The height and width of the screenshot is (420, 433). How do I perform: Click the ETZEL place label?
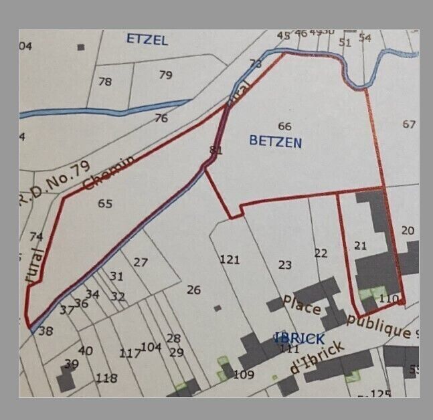point(147,39)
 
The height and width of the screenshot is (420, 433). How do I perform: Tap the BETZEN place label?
point(275,142)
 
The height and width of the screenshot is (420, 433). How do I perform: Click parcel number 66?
point(284,126)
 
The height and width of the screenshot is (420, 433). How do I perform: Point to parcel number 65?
point(105,204)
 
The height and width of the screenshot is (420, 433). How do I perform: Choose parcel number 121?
point(230,259)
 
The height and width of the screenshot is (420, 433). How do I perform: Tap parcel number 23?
point(285,265)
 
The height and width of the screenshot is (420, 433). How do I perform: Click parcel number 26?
point(194,290)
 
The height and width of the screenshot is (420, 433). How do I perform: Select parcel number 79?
point(165,75)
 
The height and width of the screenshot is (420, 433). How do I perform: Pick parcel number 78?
point(105,82)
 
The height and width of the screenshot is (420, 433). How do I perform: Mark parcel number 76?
point(161,118)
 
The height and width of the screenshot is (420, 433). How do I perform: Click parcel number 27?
point(140,262)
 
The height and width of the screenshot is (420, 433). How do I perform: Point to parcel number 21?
point(361,246)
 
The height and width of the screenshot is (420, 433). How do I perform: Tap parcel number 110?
point(388,298)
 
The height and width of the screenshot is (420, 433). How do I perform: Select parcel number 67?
point(410,124)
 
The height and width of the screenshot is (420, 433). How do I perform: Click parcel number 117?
point(130,353)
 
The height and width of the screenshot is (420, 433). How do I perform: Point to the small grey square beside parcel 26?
point(218,308)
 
